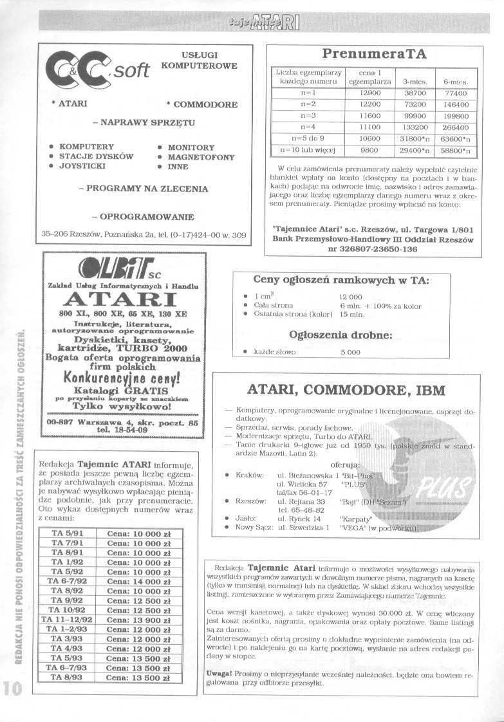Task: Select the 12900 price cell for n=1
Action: point(364,93)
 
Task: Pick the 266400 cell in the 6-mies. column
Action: point(454,127)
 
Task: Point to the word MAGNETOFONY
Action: point(196,157)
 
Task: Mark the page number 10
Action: point(12,687)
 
